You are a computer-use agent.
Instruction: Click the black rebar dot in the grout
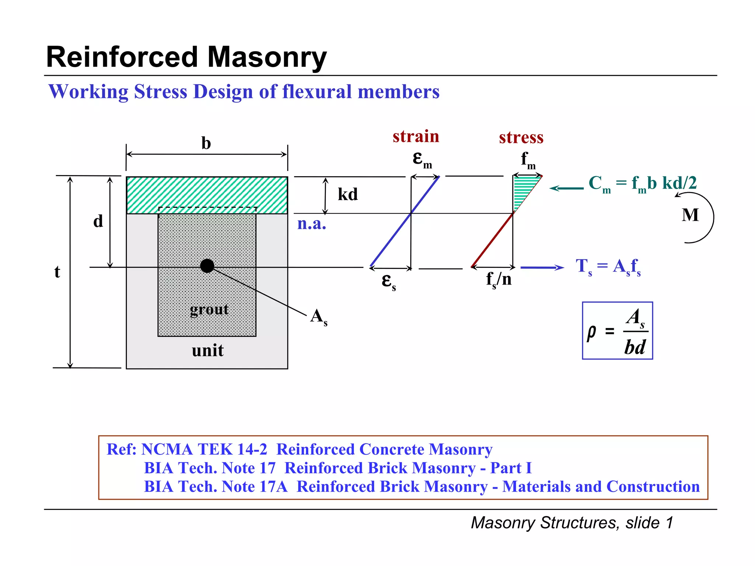click(x=207, y=266)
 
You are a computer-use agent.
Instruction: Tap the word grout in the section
click(x=209, y=310)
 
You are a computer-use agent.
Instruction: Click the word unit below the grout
click(x=208, y=350)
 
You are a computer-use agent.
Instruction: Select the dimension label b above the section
click(x=206, y=143)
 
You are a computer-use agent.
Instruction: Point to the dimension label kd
click(x=348, y=194)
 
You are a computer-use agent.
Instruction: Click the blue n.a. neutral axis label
click(x=312, y=224)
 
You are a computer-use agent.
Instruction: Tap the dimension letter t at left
click(x=57, y=272)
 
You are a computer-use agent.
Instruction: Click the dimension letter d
click(x=98, y=221)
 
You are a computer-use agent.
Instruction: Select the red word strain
click(x=416, y=136)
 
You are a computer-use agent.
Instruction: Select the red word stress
click(x=521, y=137)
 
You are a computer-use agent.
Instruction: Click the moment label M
click(x=690, y=215)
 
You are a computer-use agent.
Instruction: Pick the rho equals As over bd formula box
click(x=617, y=331)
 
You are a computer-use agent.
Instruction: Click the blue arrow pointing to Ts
click(x=542, y=268)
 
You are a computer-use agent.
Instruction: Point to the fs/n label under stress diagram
click(x=498, y=279)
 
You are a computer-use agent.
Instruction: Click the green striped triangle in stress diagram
click(x=522, y=188)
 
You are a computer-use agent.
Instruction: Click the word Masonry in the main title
click(x=267, y=57)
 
